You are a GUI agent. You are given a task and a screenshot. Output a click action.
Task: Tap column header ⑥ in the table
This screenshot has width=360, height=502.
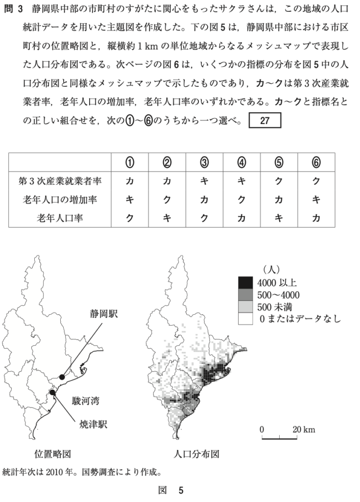click(x=316, y=162)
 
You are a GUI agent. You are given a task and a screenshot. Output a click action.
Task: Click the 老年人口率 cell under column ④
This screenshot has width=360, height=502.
click(x=241, y=218)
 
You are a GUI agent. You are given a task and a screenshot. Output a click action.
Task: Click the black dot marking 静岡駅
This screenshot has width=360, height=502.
click(x=62, y=376)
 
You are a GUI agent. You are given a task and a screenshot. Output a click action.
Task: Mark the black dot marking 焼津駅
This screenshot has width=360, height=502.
click(x=52, y=392)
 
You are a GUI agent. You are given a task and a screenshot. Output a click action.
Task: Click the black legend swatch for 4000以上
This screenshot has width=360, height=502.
click(x=245, y=282)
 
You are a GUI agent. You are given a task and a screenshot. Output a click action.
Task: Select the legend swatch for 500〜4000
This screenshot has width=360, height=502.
click(x=245, y=295)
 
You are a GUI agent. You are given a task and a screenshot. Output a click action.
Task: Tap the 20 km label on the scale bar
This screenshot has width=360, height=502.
click(x=304, y=429)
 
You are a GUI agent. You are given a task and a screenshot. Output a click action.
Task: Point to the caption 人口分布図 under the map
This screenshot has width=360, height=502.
click(x=196, y=453)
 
